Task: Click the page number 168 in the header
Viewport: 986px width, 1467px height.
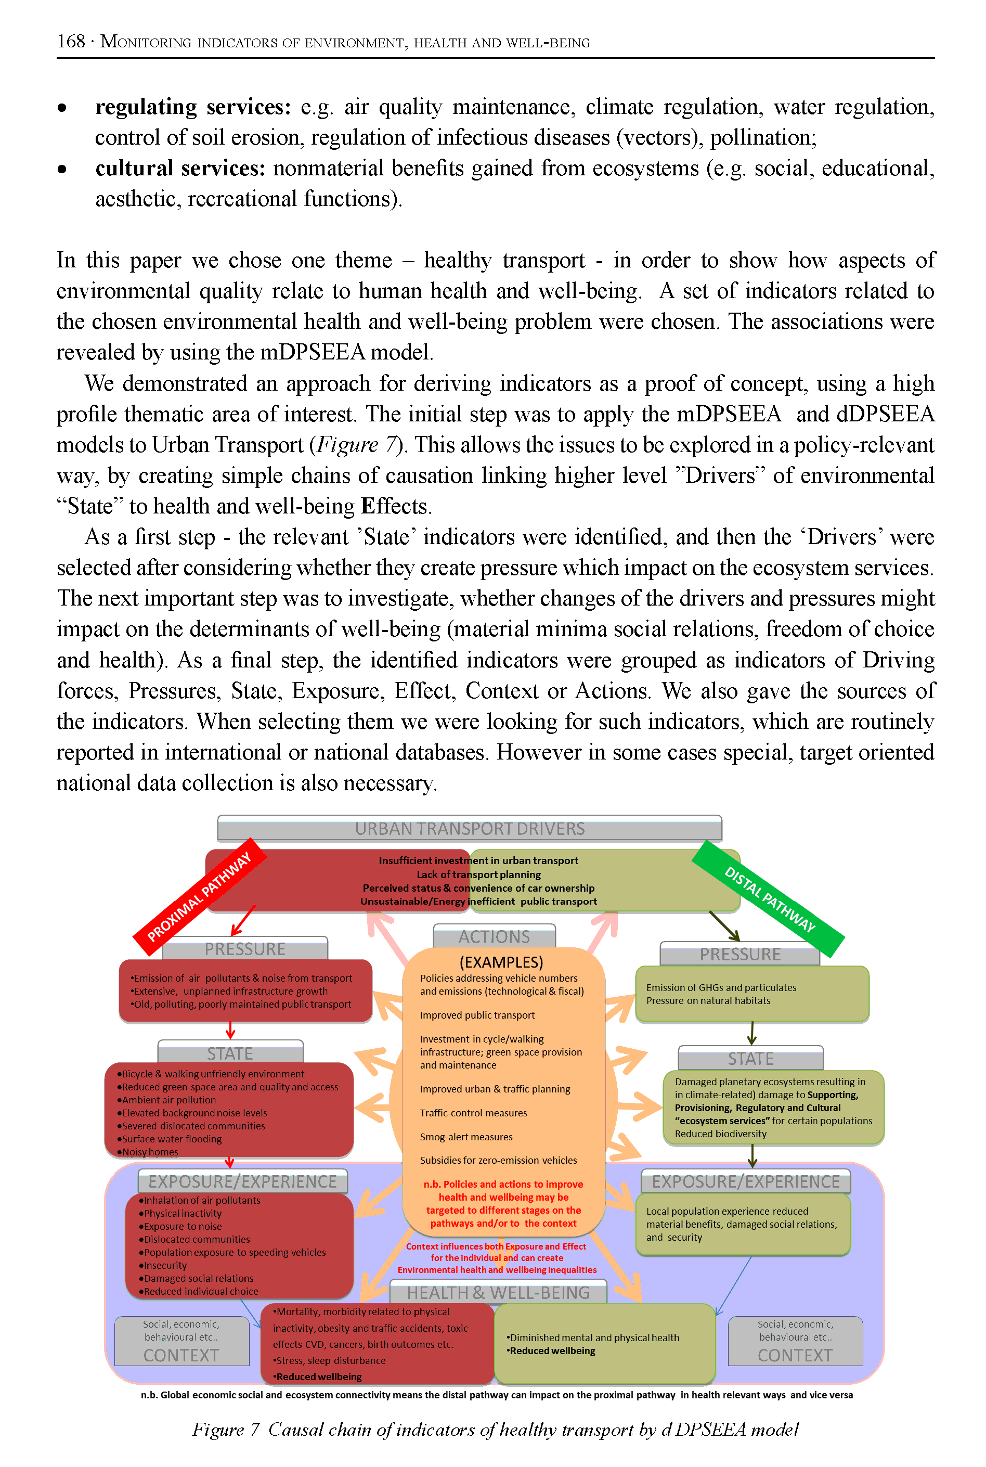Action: pos(70,42)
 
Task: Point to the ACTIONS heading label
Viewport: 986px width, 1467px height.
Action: pos(494,937)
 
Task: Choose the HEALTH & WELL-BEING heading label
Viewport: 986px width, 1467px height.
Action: pos(498,1293)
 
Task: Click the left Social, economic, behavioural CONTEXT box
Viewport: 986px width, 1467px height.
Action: pos(181,1341)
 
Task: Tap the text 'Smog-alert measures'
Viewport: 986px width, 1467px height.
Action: pos(466,1137)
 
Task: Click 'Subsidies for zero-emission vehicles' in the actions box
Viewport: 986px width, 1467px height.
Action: pos(498,1160)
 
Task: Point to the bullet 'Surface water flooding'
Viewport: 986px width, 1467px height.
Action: pos(172,1139)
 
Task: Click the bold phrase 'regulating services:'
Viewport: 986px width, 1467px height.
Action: pos(193,107)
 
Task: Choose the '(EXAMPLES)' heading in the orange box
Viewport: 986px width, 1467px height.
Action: pos(501,962)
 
